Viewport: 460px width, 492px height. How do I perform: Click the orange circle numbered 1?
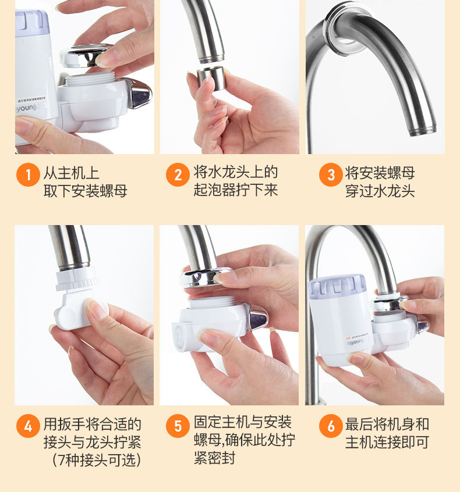coord(28,174)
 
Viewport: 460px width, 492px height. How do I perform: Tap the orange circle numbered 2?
coord(178,174)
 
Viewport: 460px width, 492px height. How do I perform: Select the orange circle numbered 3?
coord(331,174)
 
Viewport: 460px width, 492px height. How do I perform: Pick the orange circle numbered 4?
coord(28,426)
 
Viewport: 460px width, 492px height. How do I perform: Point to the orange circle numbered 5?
coord(178,426)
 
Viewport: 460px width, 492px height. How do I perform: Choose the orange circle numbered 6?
coord(331,426)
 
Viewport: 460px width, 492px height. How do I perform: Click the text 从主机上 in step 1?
coord(71,173)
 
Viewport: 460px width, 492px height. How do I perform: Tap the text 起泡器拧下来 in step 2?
coord(236,190)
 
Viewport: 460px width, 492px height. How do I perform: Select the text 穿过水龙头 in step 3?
coord(380,191)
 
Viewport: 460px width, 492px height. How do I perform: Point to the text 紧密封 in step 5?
coord(214,458)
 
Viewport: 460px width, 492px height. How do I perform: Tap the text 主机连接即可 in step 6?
coord(387,443)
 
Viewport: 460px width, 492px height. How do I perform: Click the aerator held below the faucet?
coord(211,77)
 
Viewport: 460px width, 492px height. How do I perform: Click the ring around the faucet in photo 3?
coord(348,27)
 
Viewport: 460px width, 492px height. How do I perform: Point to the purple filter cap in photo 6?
coord(338,287)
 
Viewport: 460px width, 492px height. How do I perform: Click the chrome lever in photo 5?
coord(258,317)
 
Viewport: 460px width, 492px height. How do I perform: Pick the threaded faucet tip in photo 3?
coord(423,129)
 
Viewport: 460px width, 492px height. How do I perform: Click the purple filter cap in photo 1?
coord(31,23)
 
